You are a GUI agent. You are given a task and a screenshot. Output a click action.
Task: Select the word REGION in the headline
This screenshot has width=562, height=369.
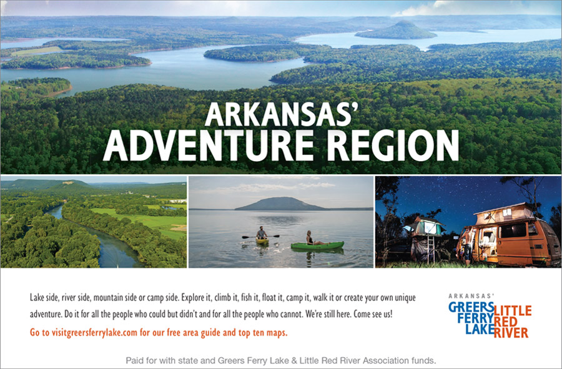(393, 145)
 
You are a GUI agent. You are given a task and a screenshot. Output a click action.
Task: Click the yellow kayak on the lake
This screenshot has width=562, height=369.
(262, 241)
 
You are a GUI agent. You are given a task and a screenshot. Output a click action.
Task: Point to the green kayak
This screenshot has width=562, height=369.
(317, 245)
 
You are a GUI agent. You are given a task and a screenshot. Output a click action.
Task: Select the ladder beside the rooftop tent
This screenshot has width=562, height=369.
(431, 249)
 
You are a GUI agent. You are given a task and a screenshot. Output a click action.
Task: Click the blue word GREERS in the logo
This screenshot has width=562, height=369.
(471, 307)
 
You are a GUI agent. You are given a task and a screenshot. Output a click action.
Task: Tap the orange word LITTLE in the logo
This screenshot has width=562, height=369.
(513, 310)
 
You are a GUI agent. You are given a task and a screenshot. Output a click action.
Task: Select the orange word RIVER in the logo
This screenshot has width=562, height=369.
(511, 332)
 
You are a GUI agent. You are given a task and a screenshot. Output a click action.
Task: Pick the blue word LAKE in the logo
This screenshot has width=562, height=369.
(480, 329)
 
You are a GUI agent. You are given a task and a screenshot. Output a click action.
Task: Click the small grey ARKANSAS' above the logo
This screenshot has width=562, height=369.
(471, 296)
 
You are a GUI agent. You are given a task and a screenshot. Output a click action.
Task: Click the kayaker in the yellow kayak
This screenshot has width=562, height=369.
(261, 233)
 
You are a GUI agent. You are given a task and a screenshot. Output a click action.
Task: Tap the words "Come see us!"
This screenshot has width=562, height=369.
(373, 314)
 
